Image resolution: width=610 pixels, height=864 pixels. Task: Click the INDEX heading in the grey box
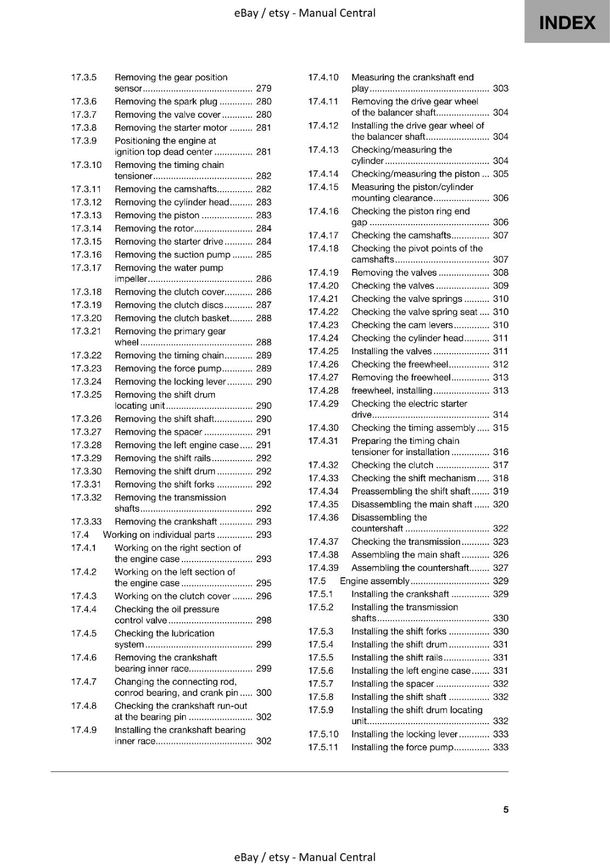(x=567, y=23)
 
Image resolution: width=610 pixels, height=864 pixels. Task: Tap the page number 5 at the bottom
(x=506, y=809)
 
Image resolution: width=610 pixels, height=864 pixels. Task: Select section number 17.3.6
(x=84, y=102)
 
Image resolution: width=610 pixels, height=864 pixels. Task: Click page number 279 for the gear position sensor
(x=263, y=89)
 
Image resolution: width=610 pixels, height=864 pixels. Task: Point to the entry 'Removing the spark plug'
(x=166, y=102)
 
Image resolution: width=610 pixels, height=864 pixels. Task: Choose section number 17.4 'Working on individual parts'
(x=79, y=535)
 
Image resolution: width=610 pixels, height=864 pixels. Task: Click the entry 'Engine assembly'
(x=374, y=581)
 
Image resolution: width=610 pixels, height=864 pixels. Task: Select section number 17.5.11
(x=323, y=747)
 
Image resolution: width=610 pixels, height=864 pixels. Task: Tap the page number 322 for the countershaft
(x=500, y=529)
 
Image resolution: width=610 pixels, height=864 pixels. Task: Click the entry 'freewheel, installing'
(x=391, y=390)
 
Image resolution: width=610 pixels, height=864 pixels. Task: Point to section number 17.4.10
(x=323, y=77)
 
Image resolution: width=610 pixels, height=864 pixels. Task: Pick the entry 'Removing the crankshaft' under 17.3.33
(x=166, y=522)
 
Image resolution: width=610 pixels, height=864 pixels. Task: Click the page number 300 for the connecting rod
(x=263, y=693)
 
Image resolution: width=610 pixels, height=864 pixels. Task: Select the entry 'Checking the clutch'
(x=392, y=465)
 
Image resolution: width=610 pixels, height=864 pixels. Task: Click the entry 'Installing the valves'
(x=391, y=351)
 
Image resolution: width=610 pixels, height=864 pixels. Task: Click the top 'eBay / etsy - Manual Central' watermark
(x=305, y=13)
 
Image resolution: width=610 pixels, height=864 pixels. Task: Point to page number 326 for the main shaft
(x=500, y=555)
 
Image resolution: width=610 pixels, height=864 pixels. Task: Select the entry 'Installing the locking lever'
(x=404, y=734)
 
